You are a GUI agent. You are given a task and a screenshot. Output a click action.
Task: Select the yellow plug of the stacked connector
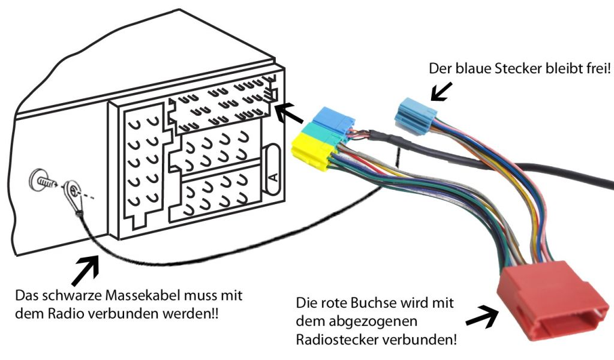tap(311, 153)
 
